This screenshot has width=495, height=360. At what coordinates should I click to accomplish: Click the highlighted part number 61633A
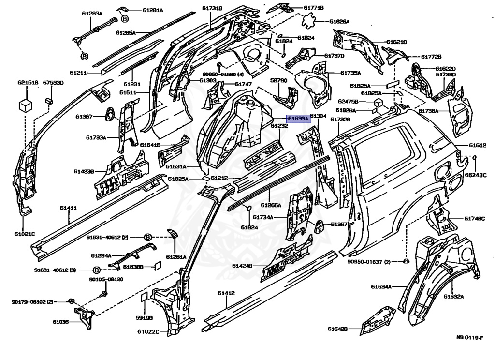[x=296, y=118]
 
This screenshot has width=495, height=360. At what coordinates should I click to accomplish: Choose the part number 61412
[x=226, y=293]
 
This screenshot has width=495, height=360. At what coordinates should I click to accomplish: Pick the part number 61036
[x=61, y=322]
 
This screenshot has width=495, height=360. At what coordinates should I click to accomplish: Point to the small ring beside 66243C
[x=475, y=157]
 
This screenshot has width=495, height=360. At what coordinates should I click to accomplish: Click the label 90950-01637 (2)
[x=369, y=262]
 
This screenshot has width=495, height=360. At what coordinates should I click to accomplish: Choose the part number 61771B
[x=314, y=8]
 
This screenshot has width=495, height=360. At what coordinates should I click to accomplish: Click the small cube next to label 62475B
[x=378, y=103]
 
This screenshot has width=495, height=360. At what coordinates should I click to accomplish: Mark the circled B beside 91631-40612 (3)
[x=96, y=270]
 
